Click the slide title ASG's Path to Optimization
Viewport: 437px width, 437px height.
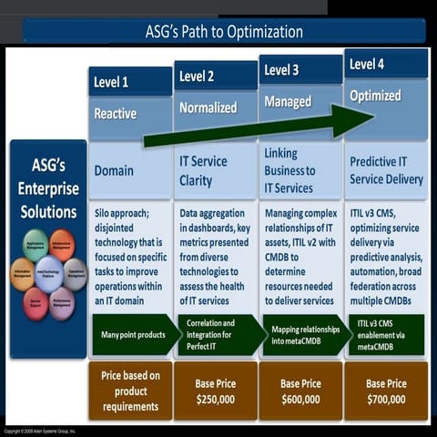[224, 32]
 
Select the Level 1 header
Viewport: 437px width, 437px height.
[130, 82]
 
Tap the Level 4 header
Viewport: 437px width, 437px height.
[386, 64]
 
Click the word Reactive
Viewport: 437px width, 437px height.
[116, 114]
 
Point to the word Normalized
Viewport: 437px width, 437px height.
[208, 107]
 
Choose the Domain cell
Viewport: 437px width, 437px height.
[130, 171]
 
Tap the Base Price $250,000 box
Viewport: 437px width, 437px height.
[215, 391]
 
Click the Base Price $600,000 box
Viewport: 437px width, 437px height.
[300, 391]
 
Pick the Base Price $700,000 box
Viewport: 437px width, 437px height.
[386, 391]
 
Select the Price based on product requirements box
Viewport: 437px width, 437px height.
[130, 391]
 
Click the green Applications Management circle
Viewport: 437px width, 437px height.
[36, 246]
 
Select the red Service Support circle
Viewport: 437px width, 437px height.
[36, 301]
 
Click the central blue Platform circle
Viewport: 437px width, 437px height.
[49, 273]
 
